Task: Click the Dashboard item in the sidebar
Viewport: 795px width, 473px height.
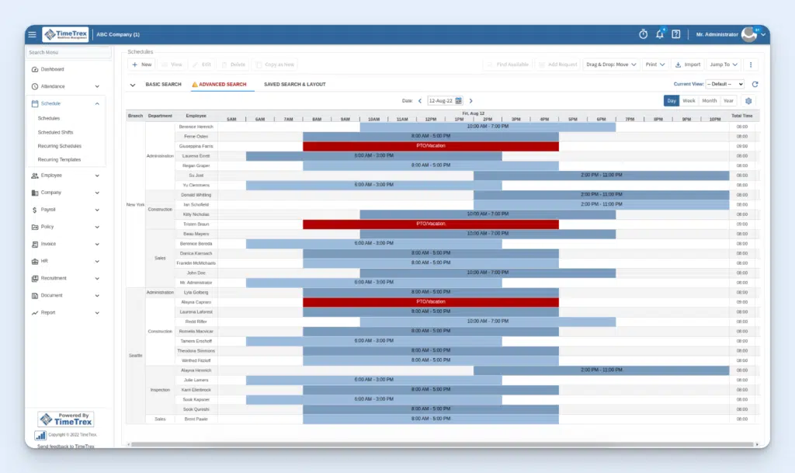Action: [x=52, y=69]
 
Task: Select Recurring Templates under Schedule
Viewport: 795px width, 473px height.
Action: [x=59, y=160]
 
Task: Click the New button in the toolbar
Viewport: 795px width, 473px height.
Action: [x=141, y=64]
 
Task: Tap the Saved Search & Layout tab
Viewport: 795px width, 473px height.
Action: [x=294, y=85]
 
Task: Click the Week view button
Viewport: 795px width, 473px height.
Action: [x=689, y=101]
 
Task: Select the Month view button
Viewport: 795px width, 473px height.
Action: [x=709, y=101]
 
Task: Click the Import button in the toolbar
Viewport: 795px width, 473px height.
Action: [x=687, y=64]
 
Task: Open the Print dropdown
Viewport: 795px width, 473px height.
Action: [x=654, y=64]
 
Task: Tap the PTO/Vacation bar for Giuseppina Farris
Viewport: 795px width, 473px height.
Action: [x=430, y=146]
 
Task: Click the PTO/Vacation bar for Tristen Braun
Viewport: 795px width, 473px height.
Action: [x=430, y=224]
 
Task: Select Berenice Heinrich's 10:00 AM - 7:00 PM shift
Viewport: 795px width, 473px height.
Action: [x=487, y=126]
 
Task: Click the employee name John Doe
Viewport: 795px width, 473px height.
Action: [x=196, y=273]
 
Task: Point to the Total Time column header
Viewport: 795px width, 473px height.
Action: [x=741, y=116]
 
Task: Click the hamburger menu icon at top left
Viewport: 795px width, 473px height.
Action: [x=32, y=35]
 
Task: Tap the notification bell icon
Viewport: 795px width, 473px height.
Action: [x=660, y=34]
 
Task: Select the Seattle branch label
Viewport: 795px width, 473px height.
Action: [x=135, y=355]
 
